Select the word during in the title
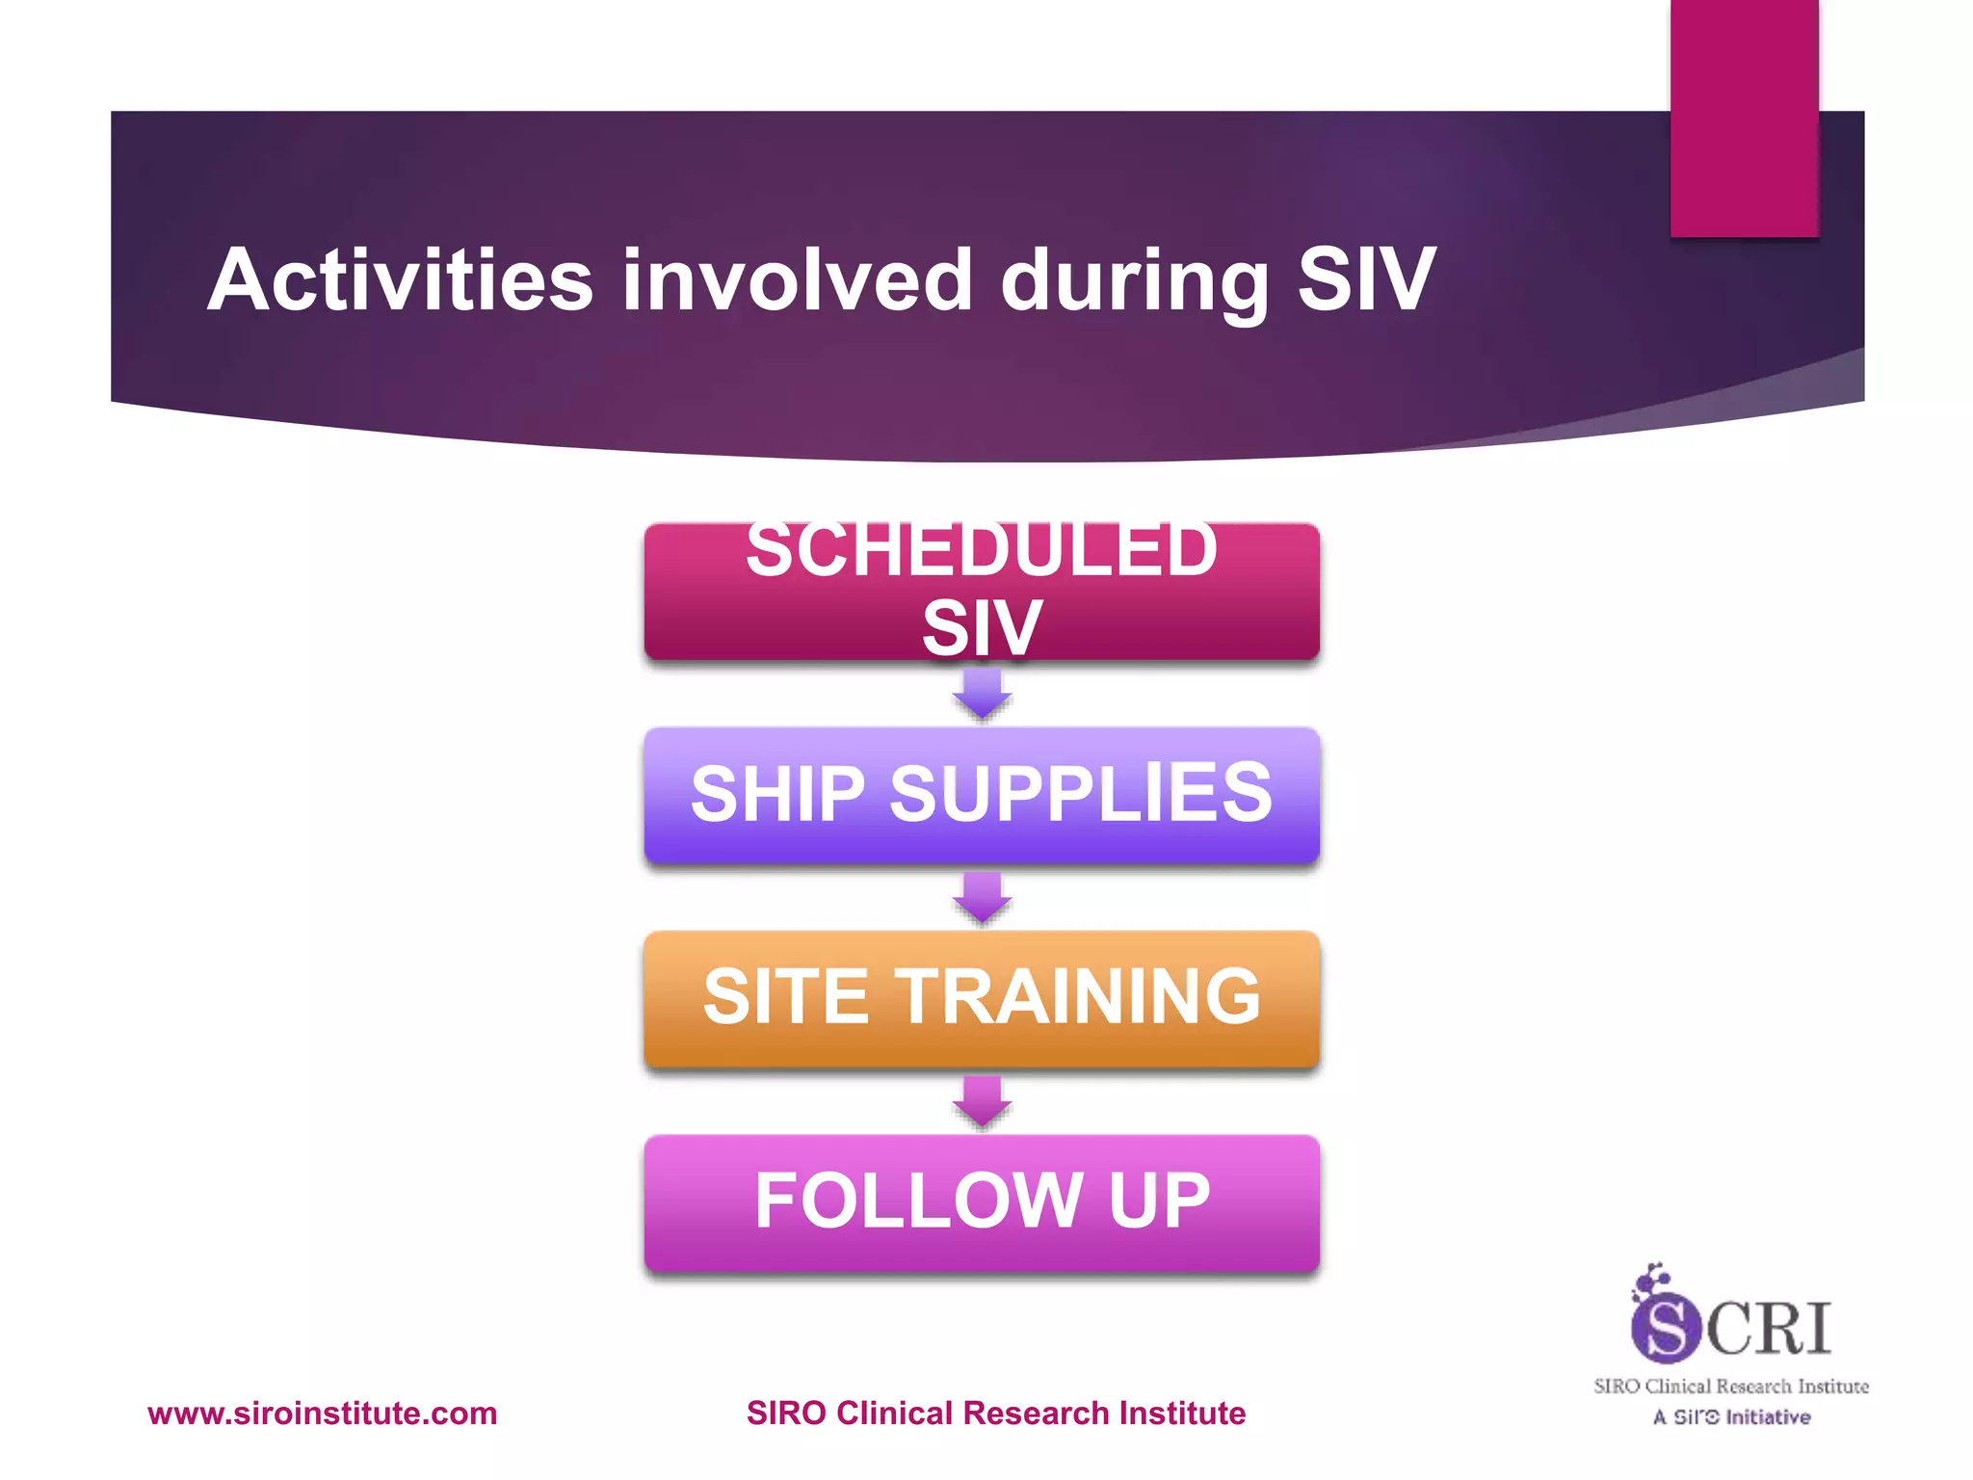pos(1135,281)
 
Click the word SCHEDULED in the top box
pos(982,551)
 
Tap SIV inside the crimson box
pos(982,627)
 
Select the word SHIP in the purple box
pos(777,794)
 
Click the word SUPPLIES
pos(1081,794)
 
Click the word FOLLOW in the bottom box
pos(918,1201)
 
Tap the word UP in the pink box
pos(1159,1201)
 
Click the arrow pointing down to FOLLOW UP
pos(982,1101)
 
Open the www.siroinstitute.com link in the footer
pos(322,1414)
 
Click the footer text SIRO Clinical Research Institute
pos(995,1414)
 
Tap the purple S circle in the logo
pos(1665,1328)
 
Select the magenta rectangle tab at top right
pos(1744,118)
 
